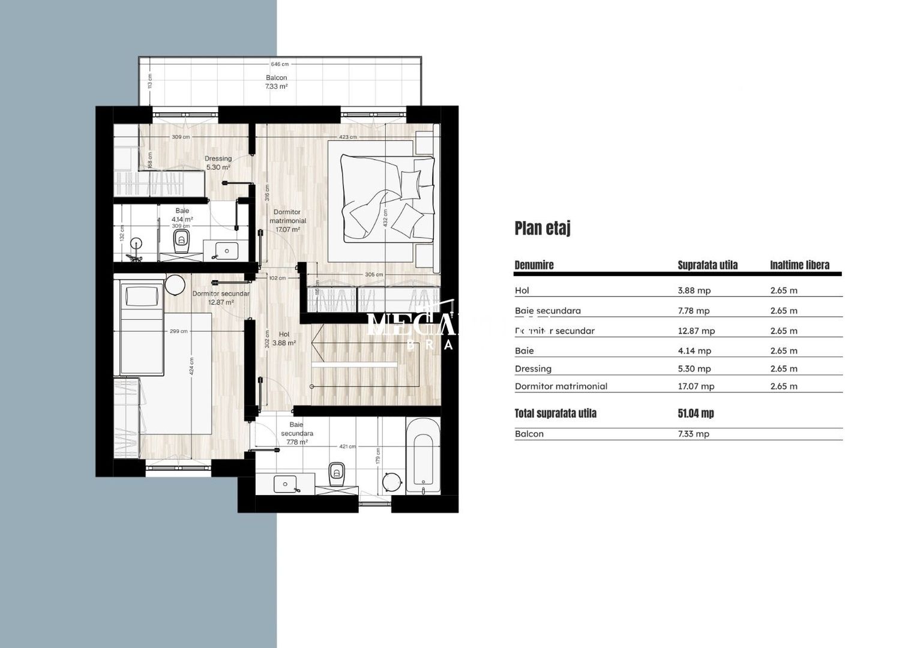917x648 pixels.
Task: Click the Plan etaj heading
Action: tap(543, 229)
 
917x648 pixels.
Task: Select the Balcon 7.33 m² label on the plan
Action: tap(276, 82)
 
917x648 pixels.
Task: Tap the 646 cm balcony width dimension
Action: tap(280, 64)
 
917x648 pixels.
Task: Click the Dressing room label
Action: tap(218, 163)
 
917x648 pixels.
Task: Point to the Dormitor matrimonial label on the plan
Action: tap(287, 220)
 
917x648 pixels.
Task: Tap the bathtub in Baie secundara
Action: tap(423, 455)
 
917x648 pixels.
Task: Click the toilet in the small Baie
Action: tap(181, 241)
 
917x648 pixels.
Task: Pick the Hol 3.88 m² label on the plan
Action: tap(284, 339)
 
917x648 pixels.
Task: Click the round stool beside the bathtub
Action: tap(392, 482)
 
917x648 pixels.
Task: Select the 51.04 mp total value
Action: tap(696, 413)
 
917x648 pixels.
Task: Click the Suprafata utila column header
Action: tap(708, 265)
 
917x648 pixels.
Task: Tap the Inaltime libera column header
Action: tap(799, 265)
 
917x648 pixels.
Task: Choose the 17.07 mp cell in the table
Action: tap(696, 386)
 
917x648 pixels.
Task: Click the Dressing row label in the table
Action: tap(533, 369)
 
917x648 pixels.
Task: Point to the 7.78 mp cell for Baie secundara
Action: tap(694, 311)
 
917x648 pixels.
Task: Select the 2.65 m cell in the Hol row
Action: tap(784, 290)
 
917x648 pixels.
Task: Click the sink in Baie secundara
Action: tap(286, 484)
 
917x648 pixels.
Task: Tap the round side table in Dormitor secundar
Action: tap(175, 284)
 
